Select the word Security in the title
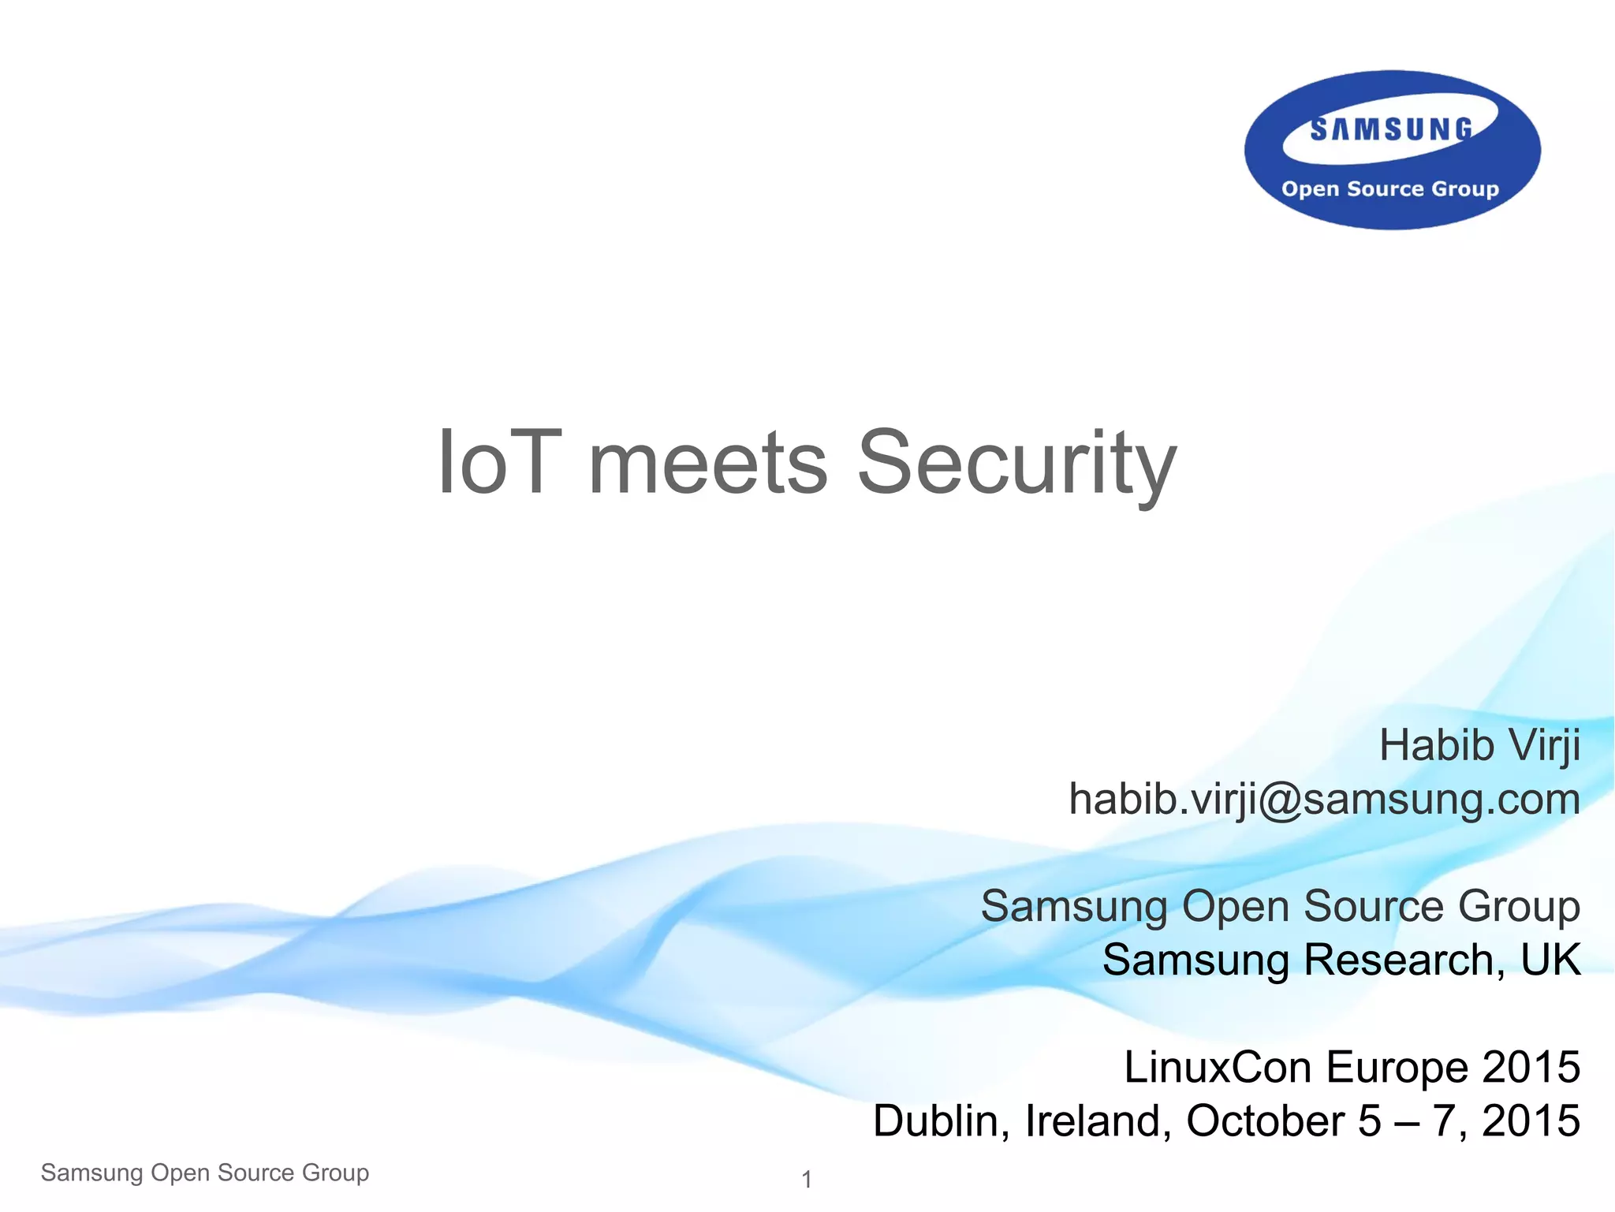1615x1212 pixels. pyautogui.click(x=1016, y=465)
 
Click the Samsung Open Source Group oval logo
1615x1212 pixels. pyautogui.click(x=1392, y=150)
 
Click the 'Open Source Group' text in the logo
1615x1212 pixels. pyautogui.click(x=1390, y=189)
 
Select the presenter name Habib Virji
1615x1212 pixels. pyautogui.click(x=1479, y=745)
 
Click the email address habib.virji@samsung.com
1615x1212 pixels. pyautogui.click(x=1324, y=799)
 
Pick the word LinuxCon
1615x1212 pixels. pyautogui.click(x=1218, y=1067)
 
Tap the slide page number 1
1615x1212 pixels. pyautogui.click(x=807, y=1180)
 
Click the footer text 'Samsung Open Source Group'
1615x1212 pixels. pyautogui.click(x=205, y=1173)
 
